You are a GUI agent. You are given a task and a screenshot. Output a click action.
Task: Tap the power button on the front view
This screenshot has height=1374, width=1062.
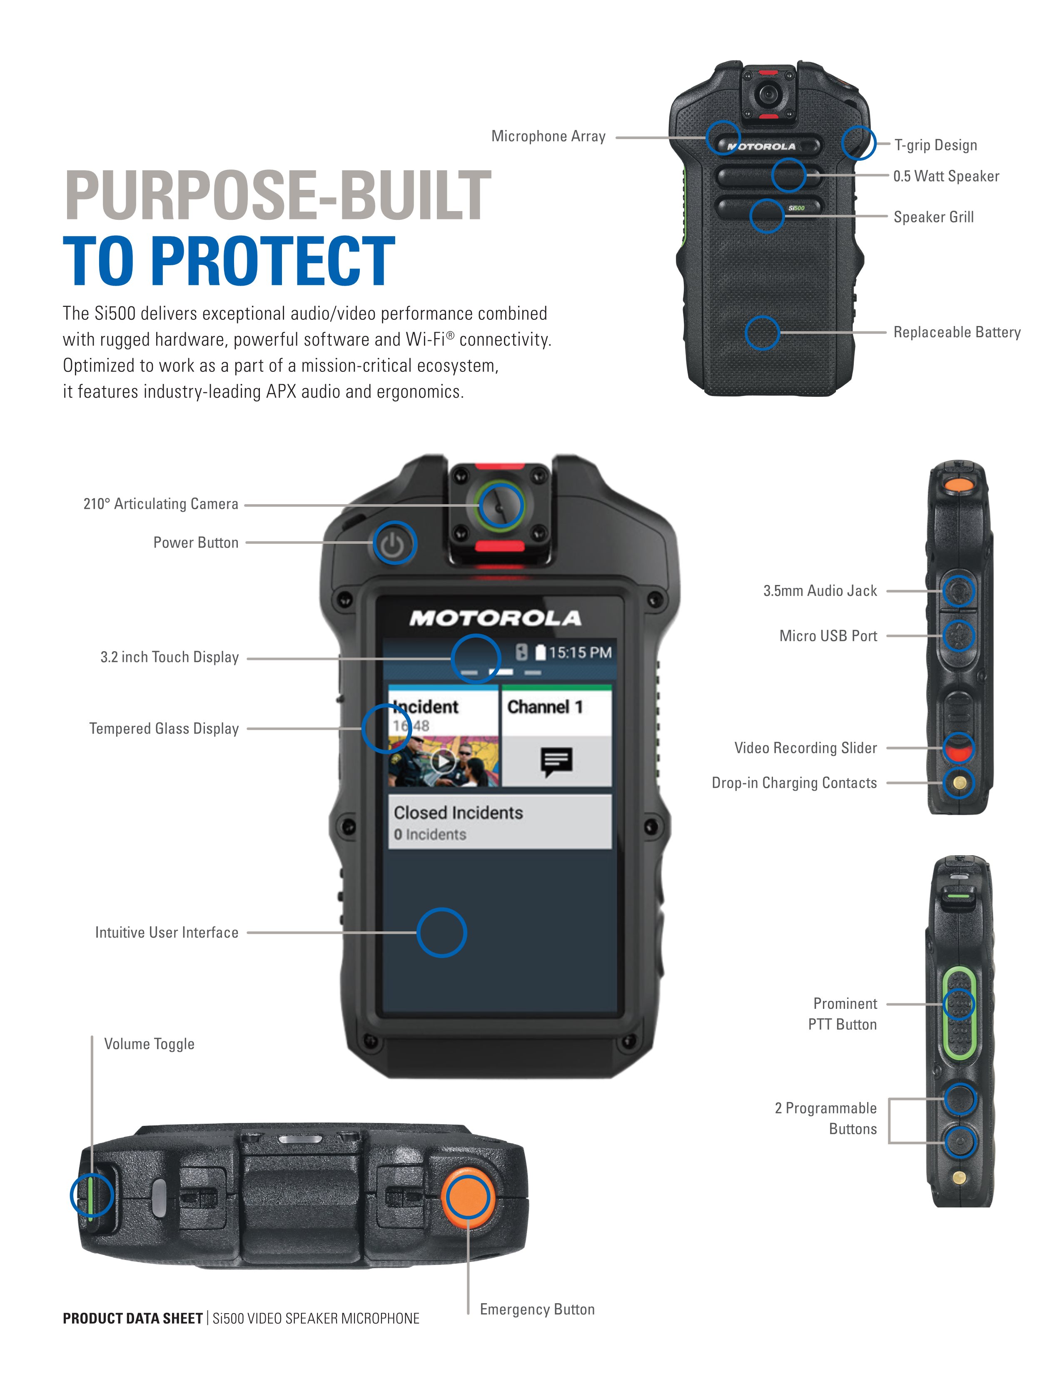pyautogui.click(x=394, y=543)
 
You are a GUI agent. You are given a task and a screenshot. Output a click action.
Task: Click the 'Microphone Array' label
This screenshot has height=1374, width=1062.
pyautogui.click(x=548, y=137)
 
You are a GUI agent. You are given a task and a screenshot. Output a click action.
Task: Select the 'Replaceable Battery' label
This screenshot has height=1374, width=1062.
pyautogui.click(x=956, y=332)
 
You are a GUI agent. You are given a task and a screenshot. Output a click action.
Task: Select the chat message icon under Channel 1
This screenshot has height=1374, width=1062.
pyautogui.click(x=556, y=762)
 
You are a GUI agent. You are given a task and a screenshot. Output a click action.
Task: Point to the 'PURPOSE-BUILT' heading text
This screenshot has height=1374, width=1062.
pyautogui.click(x=277, y=195)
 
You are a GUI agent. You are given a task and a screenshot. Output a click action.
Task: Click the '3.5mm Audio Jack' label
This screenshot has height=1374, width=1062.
pyautogui.click(x=819, y=591)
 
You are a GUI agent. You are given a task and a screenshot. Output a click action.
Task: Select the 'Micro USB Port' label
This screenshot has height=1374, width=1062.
pyautogui.click(x=828, y=636)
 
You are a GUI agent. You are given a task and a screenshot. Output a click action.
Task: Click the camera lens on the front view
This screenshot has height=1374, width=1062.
pyautogui.click(x=500, y=505)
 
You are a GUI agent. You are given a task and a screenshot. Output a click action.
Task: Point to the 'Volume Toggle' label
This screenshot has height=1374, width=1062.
pyautogui.click(x=149, y=1044)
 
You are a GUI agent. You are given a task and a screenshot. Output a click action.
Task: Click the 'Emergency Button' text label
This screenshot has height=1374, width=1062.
pyautogui.click(x=537, y=1309)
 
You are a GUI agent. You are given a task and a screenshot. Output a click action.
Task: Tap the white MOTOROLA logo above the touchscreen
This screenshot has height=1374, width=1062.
pyautogui.click(x=495, y=618)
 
